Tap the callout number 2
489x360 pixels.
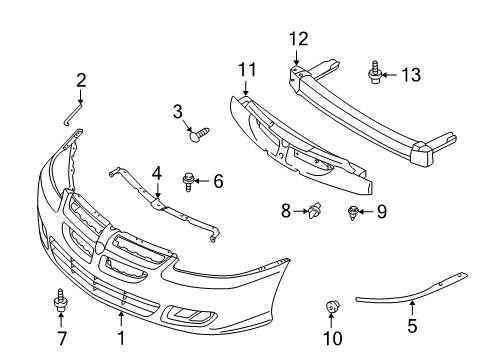coord(81,80)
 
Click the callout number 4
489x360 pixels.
coord(156,173)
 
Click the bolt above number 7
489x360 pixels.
coord(59,300)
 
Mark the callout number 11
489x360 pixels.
coord(247,70)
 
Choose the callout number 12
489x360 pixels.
coord(297,39)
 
